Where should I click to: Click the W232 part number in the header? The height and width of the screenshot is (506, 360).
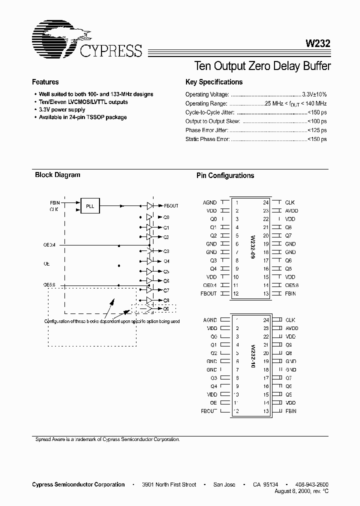(317, 43)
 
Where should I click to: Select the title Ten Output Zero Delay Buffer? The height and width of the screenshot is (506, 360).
(261, 66)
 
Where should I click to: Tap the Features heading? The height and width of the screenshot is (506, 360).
(45, 82)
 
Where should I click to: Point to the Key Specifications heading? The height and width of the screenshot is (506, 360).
(213, 82)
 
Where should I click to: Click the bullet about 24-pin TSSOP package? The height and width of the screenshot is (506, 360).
(82, 117)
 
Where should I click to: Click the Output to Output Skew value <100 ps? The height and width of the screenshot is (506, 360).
(317, 121)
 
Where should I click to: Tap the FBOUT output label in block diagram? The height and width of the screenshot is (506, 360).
(171, 205)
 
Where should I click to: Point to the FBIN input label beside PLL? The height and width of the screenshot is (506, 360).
(54, 202)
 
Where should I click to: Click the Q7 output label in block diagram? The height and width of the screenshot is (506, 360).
(166, 290)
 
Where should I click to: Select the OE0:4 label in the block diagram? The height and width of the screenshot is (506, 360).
(50, 245)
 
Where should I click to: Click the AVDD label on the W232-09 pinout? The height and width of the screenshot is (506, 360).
(291, 210)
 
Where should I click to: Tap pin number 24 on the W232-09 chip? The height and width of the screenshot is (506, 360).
(266, 202)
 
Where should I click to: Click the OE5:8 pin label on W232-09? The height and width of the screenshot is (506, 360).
(292, 285)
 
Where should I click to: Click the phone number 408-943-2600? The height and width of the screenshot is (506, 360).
(312, 484)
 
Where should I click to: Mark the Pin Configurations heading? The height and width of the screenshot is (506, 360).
(225, 175)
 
